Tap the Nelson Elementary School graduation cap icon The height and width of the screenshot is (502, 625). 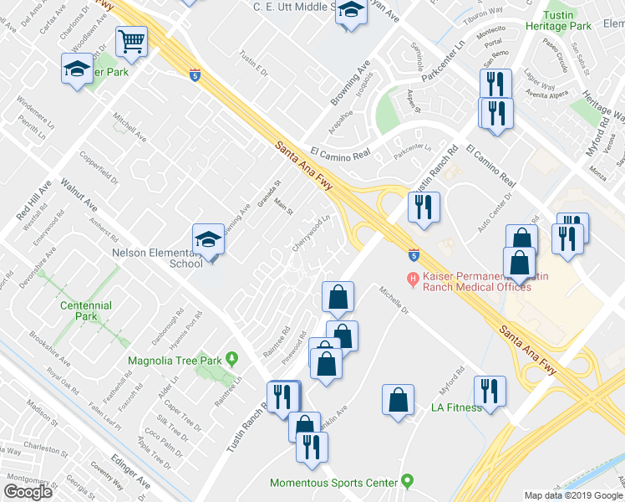click(x=208, y=241)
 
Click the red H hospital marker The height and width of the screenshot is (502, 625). click(x=411, y=279)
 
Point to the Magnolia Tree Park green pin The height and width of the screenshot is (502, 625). click(x=232, y=361)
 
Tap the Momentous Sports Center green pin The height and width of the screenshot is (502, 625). click(x=407, y=482)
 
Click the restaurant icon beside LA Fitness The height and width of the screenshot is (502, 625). click(x=490, y=392)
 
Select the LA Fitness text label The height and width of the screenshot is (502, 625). click(x=456, y=407)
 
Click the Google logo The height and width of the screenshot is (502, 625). click(x=28, y=492)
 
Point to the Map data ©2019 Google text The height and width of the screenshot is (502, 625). click(x=573, y=495)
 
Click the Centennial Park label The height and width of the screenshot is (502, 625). click(x=86, y=312)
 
